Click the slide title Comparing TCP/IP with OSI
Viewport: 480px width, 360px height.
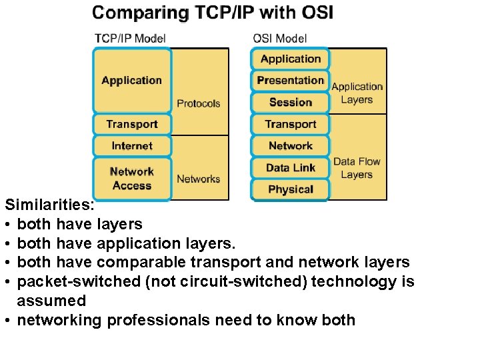pos(213,13)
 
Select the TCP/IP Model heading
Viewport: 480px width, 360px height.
pos(130,38)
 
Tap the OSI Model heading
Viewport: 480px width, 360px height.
pos(279,38)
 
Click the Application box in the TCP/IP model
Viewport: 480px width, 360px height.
pos(131,81)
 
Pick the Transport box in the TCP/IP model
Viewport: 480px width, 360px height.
pos(131,124)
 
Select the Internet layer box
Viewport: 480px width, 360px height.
pos(131,145)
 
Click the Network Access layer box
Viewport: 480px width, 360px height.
pos(131,179)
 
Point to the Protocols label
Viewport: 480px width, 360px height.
pos(198,103)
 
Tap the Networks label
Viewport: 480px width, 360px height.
pos(198,179)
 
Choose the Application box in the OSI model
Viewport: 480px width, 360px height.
pos(290,59)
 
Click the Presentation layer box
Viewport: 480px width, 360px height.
pos(290,80)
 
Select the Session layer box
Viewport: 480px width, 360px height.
pos(290,102)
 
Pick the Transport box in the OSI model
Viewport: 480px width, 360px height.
pos(290,124)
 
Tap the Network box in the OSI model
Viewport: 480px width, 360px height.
pos(290,145)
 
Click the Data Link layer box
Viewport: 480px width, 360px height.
pos(290,167)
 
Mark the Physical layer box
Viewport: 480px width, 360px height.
pos(290,189)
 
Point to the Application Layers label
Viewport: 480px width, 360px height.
pos(357,93)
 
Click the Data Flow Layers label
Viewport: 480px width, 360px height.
pos(357,167)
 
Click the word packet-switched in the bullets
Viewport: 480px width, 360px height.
pos(78,281)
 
